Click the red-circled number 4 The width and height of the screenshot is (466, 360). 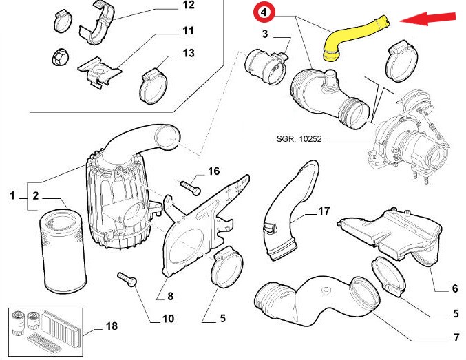coord(264,12)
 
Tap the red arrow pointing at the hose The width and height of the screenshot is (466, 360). coord(431,19)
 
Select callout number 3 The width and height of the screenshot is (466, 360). coord(264,34)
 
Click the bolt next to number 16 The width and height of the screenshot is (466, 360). coord(191,184)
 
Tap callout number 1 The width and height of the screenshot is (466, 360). coord(12,197)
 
